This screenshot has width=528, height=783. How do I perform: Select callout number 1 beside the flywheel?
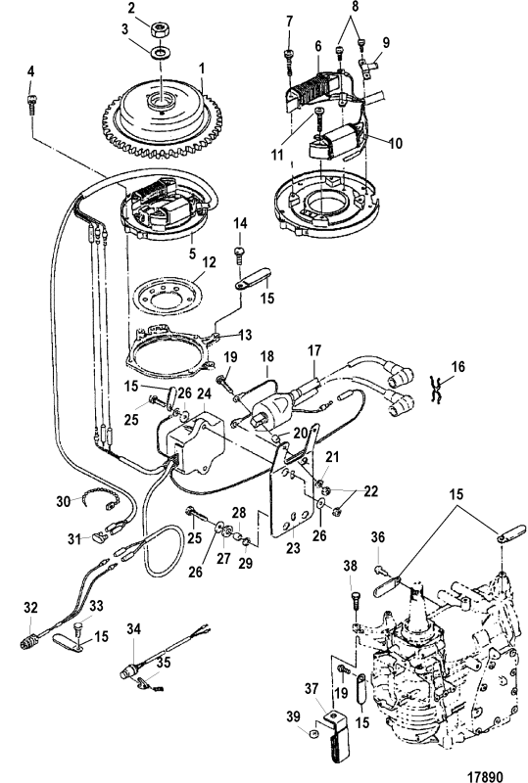(202, 69)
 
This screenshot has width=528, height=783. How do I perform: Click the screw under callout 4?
(31, 104)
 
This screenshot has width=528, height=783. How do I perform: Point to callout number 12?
(209, 261)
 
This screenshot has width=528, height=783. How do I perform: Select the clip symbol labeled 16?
(437, 390)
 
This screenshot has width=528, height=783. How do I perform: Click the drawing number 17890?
(485, 776)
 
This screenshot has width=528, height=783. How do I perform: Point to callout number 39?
(294, 716)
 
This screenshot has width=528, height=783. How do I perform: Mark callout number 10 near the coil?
(396, 143)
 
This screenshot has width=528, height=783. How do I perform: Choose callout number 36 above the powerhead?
(378, 537)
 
